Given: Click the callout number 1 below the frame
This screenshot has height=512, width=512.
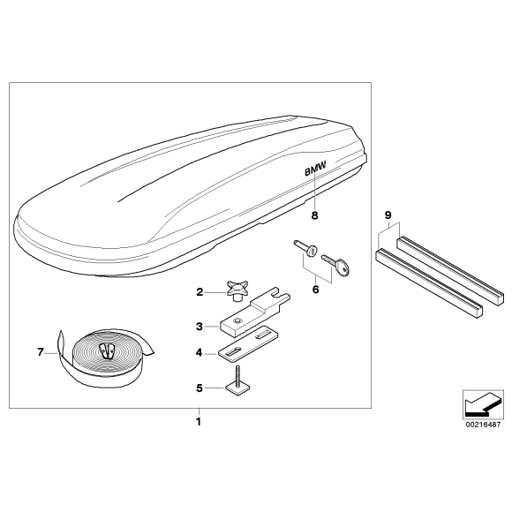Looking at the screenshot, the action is coord(199,422).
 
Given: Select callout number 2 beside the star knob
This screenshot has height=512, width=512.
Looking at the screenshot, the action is coord(200,292).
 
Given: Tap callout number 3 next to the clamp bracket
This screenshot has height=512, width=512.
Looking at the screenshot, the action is coord(200,327).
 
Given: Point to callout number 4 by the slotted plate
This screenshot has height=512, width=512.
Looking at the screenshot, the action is coord(199,352).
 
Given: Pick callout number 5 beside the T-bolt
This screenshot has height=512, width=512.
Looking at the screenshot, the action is coord(200,388).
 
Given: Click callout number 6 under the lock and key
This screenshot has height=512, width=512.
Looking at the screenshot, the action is coord(315,290).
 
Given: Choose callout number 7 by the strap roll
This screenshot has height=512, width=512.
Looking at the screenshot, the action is coord(41,352).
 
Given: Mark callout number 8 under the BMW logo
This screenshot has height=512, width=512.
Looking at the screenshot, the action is coord(314,215).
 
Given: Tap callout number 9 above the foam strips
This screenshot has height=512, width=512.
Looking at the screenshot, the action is coord(388,215).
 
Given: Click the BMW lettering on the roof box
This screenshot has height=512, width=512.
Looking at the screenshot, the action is coord(315,169).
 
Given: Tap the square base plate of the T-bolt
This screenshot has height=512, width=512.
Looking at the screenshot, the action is coord(237,389).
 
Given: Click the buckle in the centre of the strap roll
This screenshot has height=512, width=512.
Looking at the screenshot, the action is coord(107,350).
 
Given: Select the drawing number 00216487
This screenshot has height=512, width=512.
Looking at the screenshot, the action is coord(483,425).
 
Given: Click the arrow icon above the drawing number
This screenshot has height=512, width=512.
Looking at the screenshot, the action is coord(483,405).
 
